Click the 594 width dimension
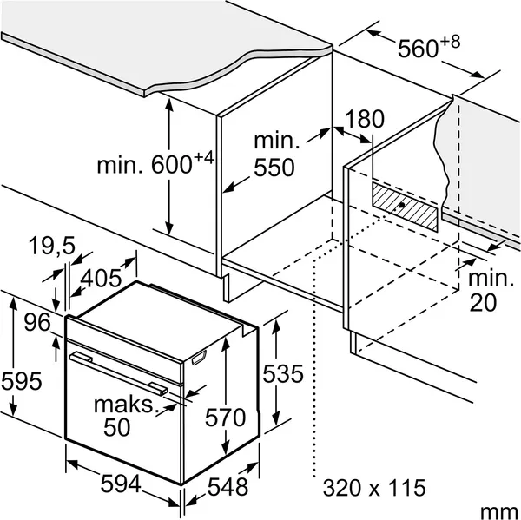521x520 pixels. coord(121,484)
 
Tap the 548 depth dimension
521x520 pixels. coord(228,487)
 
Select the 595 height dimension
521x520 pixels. coord(22,381)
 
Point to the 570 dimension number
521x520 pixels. coord(225,418)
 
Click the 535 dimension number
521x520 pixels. coord(283,373)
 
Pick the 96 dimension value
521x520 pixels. coord(37,322)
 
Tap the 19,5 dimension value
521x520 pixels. coord(52,246)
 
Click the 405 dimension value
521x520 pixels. coord(101,278)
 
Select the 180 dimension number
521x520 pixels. coord(365,119)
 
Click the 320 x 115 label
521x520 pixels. coord(374,488)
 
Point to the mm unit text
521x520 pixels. coord(499,511)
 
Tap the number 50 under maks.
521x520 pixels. coord(116,427)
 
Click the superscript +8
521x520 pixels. coord(450,42)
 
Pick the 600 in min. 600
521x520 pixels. coord(172,165)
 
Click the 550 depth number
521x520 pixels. coord(274,168)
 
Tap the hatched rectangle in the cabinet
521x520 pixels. coord(405,206)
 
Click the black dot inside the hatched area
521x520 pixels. coord(402,205)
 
